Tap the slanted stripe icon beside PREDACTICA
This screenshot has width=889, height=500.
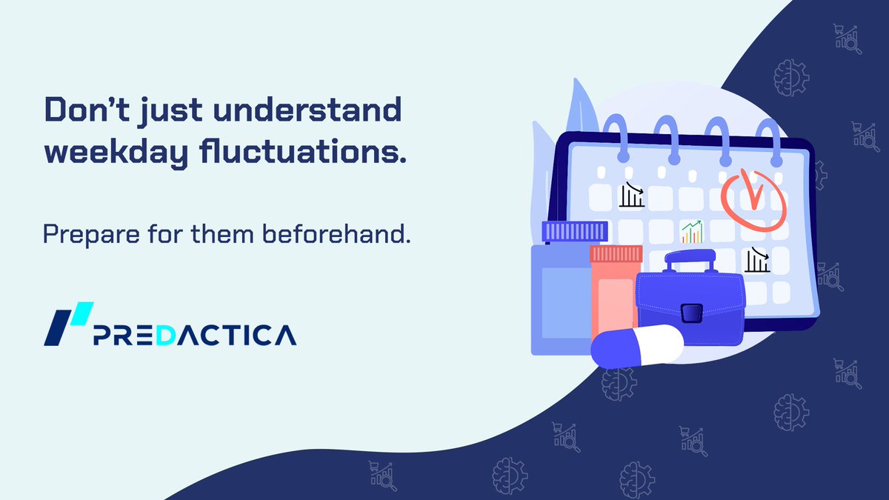point(68,324)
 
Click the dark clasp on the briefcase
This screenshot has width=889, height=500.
point(690,313)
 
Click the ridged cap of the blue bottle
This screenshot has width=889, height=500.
point(574,232)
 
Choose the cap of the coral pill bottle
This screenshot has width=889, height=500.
point(615,254)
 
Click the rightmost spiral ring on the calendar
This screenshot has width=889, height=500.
point(775,137)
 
